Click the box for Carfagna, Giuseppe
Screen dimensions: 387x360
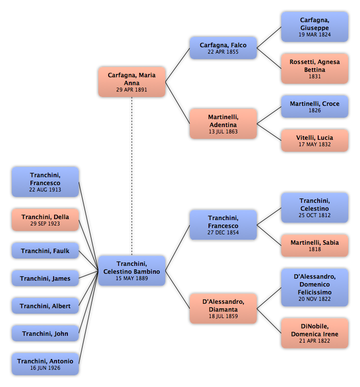coord(315,27)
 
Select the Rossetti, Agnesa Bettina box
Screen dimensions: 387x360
coord(315,68)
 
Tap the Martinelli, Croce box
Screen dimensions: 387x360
coord(315,106)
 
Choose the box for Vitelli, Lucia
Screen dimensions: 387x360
coord(315,140)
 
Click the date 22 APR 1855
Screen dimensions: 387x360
coord(223,52)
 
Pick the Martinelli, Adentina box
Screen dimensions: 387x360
coord(223,124)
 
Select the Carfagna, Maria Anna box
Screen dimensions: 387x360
coord(132,82)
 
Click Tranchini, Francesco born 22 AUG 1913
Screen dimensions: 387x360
coord(45,182)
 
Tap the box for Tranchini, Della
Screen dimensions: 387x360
coord(45,220)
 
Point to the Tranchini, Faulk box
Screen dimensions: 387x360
coord(45,251)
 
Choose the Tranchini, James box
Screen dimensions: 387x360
coord(45,278)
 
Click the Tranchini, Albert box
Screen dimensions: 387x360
coord(45,306)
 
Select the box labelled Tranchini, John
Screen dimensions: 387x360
coord(45,333)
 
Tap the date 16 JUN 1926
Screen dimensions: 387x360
coord(45,368)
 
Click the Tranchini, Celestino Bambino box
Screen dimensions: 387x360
coord(132,271)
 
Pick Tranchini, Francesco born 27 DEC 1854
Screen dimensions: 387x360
coord(223,225)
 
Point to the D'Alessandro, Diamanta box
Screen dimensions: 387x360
coord(223,309)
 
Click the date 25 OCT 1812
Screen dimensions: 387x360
coord(315,215)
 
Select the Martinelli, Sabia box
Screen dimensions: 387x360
coord(315,246)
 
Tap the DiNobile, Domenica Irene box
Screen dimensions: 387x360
coord(315,333)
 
